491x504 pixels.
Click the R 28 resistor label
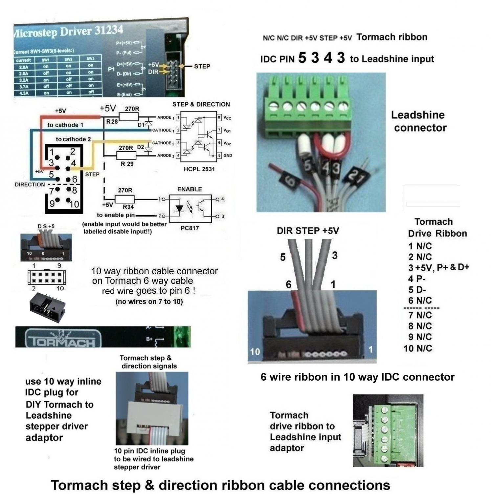point(112,121)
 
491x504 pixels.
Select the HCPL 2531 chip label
point(199,169)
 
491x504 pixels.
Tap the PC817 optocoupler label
point(190,228)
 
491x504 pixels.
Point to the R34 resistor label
point(128,207)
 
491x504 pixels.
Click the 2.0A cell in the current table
point(24,67)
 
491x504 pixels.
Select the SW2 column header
point(68,59)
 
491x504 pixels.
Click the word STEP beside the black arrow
point(202,66)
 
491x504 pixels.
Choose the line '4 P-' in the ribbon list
point(417,279)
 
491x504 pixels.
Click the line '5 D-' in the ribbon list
point(417,290)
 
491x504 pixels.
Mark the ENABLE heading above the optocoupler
point(190,189)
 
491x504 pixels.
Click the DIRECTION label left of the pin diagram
point(30,184)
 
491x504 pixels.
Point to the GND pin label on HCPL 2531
point(228,156)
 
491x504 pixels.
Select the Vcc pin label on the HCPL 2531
point(227,118)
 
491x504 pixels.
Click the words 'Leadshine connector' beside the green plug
point(419,121)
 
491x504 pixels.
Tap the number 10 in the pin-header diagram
point(74,204)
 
